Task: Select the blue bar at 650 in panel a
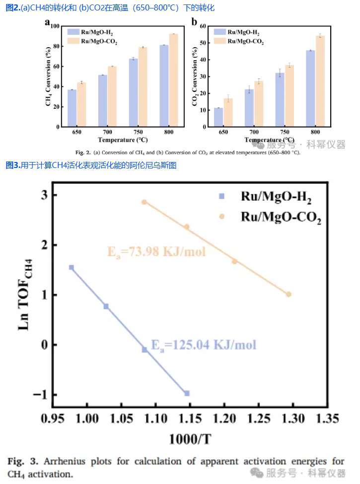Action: tap(72, 108)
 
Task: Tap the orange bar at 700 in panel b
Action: tap(259, 104)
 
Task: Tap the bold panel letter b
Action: tap(195, 22)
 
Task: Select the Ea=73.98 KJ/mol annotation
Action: tap(156, 251)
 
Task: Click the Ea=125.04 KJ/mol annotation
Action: tap(204, 344)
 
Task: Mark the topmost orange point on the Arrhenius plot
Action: tap(144, 202)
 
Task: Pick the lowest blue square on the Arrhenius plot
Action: tap(187, 393)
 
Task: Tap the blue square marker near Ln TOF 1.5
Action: tap(72, 267)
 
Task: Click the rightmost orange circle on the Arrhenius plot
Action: tap(288, 294)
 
